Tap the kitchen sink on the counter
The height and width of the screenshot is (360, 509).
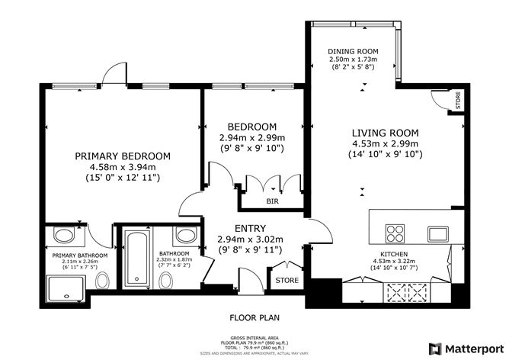tap(437, 233)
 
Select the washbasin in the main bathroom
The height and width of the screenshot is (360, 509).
tap(185, 233)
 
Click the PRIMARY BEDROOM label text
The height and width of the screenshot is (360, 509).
tap(123, 156)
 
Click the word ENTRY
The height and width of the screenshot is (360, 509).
tap(250, 228)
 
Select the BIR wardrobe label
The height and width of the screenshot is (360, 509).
tap(271, 201)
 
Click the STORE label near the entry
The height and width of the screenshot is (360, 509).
tap(287, 281)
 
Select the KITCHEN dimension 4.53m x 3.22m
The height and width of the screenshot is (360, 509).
tap(395, 262)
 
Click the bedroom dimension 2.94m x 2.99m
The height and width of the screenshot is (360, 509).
tap(251, 137)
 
